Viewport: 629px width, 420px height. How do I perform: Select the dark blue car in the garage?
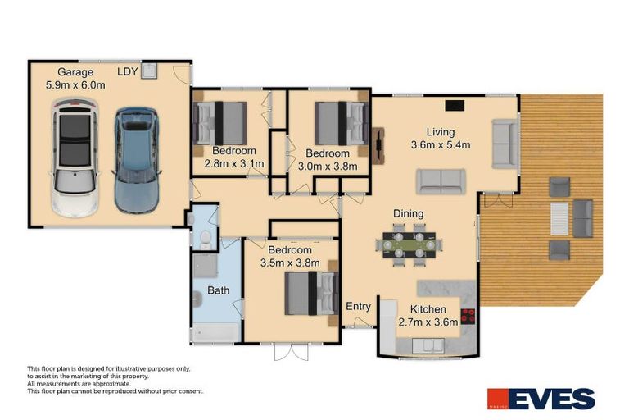tap(133, 160)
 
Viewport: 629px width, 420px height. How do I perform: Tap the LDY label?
tap(127, 71)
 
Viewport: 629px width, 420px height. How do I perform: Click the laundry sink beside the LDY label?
tap(149, 72)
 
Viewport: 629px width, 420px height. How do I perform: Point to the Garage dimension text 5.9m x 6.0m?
tap(75, 84)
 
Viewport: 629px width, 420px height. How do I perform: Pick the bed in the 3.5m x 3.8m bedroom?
tap(311, 293)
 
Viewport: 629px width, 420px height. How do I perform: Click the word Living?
tap(440, 131)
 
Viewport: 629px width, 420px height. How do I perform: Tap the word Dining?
tap(407, 214)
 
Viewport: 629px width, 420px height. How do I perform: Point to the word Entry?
tap(358, 307)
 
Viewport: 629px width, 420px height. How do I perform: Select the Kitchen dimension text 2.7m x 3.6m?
tap(428, 323)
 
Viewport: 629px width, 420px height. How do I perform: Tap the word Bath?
tap(218, 290)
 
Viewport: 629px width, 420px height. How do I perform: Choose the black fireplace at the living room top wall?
tap(453, 105)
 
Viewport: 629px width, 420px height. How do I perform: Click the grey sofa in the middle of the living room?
tap(441, 181)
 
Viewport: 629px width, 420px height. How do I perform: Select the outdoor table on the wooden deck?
tap(559, 218)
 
